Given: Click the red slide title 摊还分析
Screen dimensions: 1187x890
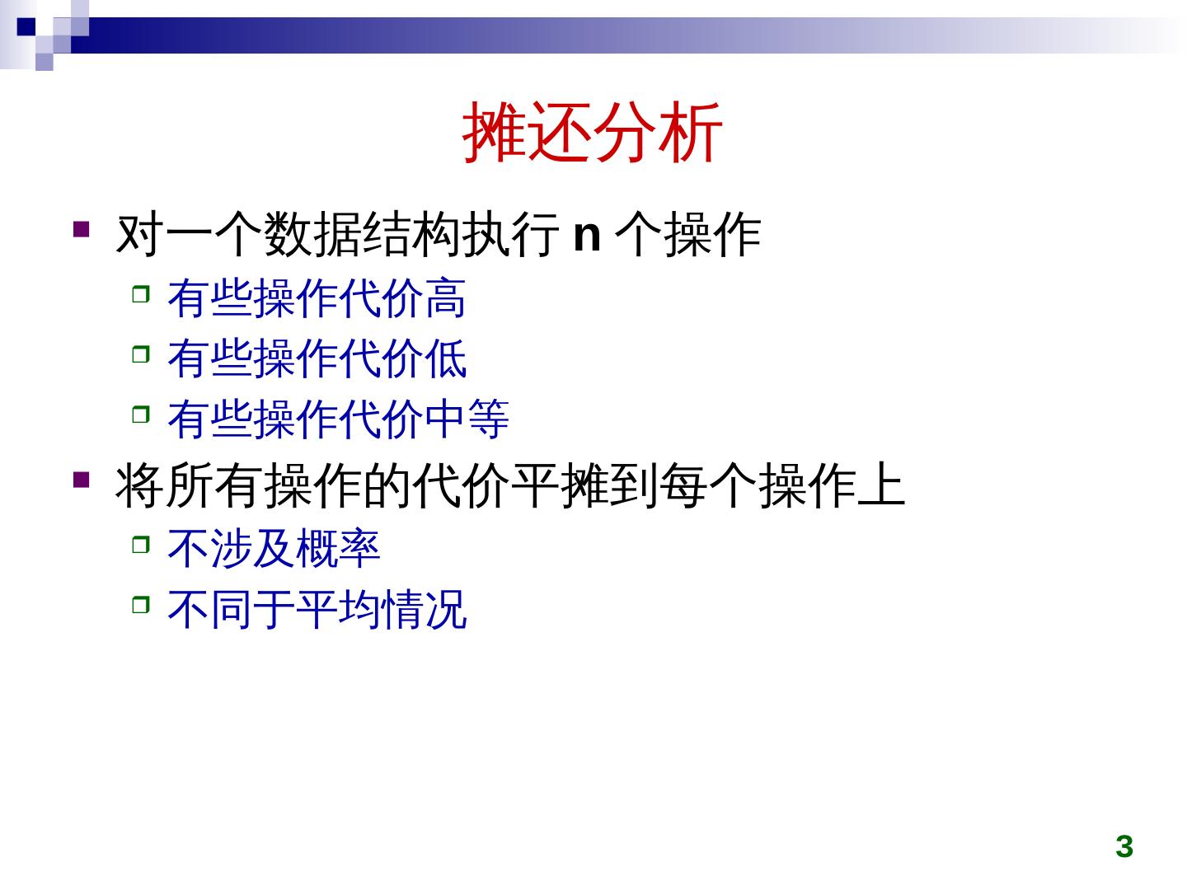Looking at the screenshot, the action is [592, 133].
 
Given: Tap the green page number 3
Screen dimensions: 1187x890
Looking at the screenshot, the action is [1124, 847].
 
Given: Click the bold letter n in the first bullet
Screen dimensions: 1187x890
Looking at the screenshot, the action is [587, 236].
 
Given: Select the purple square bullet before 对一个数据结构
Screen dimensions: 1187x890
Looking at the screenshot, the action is [81, 229].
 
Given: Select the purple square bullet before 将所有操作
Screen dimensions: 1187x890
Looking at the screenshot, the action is [81, 480].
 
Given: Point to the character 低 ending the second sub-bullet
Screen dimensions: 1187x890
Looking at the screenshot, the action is [445, 358].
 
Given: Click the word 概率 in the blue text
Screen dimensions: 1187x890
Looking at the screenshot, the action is [339, 548].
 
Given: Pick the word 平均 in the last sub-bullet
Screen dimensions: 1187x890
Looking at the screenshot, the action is [339, 608].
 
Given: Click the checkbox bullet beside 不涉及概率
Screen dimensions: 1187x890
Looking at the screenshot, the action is [141, 544].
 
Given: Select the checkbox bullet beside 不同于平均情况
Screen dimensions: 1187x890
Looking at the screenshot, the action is [141, 604].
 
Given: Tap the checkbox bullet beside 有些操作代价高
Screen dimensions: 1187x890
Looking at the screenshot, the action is [141, 294].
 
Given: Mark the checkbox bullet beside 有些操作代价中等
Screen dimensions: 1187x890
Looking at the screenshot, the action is [141, 415].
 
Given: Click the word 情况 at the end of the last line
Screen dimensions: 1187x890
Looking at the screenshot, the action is [424, 608].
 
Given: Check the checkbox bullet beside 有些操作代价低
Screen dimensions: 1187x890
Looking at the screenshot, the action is [141, 354].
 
